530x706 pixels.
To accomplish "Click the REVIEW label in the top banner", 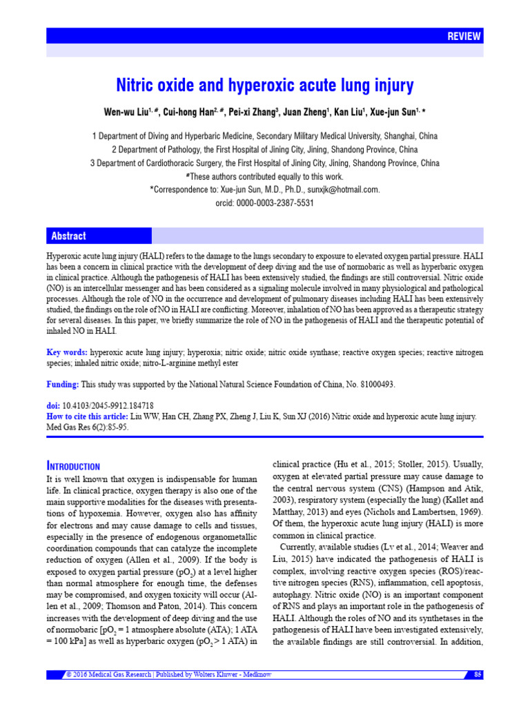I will [x=464, y=37].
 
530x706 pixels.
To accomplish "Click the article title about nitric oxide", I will [x=264, y=85].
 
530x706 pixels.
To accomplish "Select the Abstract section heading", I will [x=68, y=236].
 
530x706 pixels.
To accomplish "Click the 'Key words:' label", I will [x=67, y=352].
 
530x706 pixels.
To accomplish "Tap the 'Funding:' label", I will [x=63, y=384].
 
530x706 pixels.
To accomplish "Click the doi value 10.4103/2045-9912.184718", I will [x=108, y=406].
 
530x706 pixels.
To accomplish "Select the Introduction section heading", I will [x=72, y=467].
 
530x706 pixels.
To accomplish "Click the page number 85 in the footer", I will [x=478, y=674].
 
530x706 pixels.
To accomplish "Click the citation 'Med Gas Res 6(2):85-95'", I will [x=87, y=427].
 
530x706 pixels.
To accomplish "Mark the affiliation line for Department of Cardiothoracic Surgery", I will [x=264, y=163].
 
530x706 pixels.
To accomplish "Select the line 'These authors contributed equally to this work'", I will [x=264, y=176].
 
